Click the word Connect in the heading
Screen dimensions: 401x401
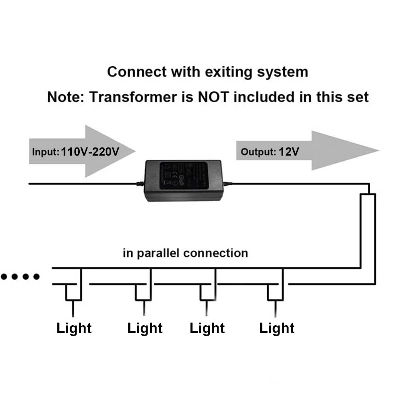click(136, 72)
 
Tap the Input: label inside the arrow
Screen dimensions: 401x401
click(45, 152)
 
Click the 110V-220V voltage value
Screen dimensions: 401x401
click(91, 152)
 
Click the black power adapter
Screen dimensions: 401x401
click(183, 180)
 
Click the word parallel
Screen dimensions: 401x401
click(158, 253)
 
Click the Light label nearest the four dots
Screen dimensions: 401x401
click(74, 328)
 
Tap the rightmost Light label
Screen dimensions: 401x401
click(277, 328)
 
